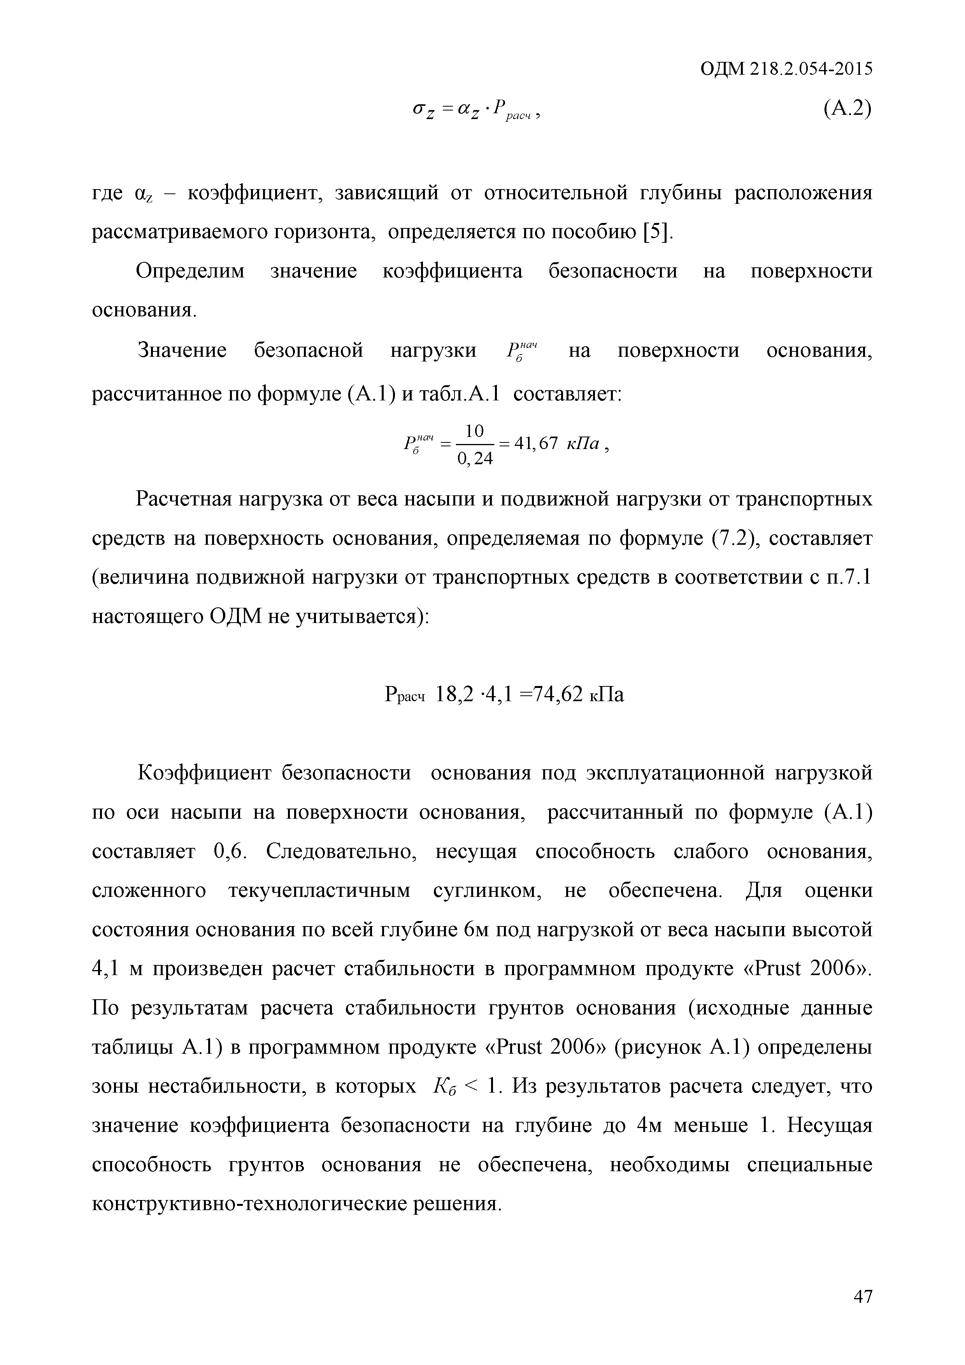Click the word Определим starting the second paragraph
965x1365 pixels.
pyautogui.click(x=190, y=271)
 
